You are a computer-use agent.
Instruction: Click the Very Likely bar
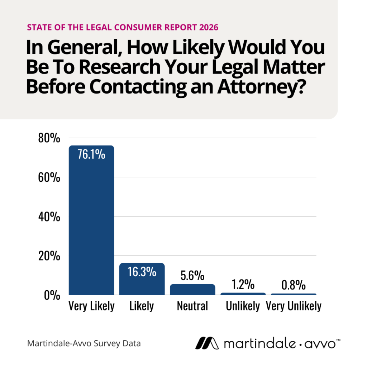[x=91, y=220]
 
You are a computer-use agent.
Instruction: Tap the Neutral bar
[x=192, y=289]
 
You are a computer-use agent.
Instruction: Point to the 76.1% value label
[x=91, y=155]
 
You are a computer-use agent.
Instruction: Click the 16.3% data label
[x=142, y=271]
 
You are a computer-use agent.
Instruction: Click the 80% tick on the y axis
[x=49, y=138]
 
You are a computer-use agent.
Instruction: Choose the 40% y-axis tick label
[x=49, y=217]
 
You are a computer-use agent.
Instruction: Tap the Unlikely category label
[x=243, y=306]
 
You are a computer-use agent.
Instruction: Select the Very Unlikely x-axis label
[x=294, y=306]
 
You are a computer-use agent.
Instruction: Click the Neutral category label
[x=192, y=306]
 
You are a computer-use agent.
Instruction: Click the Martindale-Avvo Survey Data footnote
[x=84, y=343]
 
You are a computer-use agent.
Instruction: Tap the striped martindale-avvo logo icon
[x=207, y=343]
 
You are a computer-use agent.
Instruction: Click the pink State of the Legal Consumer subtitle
[x=122, y=27]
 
